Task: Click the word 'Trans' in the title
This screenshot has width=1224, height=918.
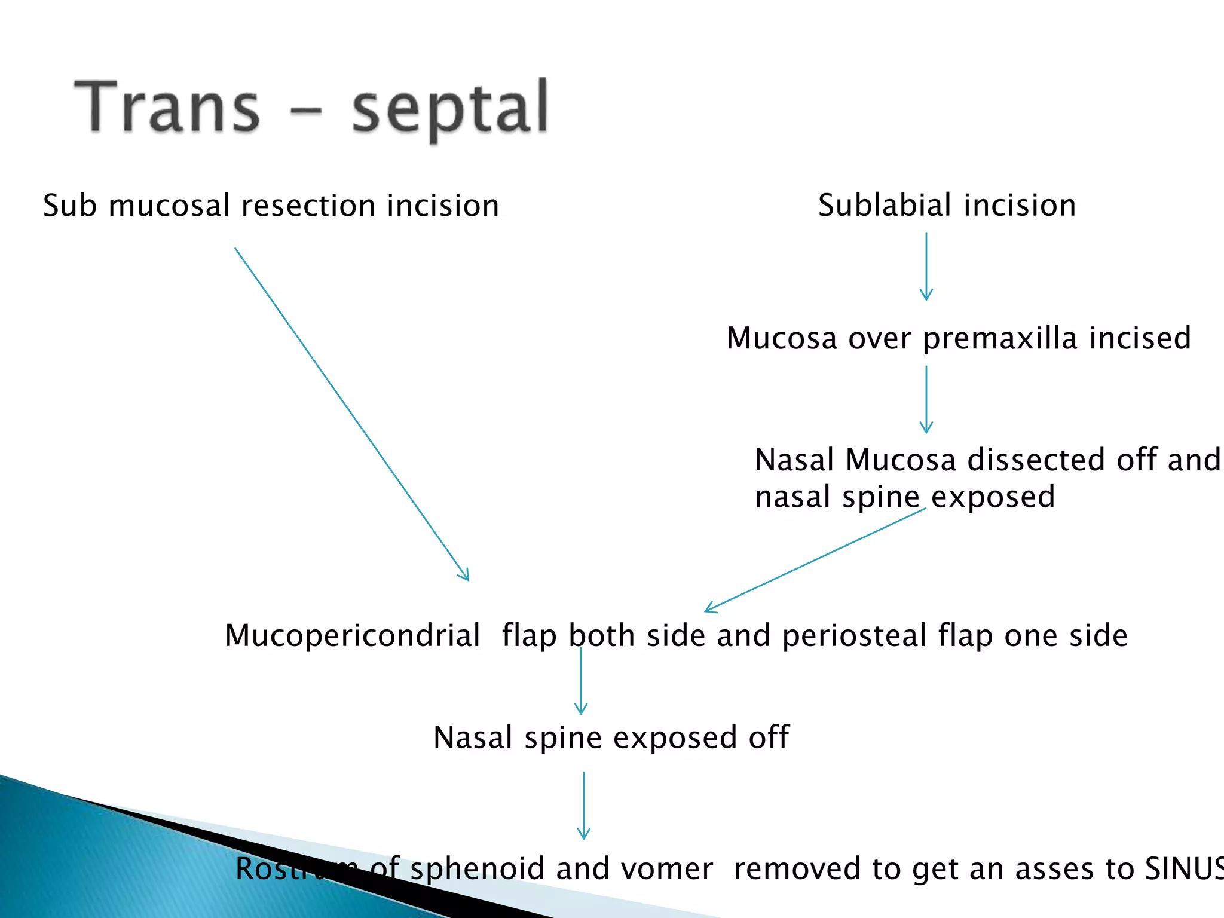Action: point(167,108)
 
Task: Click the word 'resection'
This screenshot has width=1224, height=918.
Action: point(308,206)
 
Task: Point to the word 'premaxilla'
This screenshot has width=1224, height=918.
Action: point(1001,339)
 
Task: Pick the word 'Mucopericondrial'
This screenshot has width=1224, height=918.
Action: point(353,635)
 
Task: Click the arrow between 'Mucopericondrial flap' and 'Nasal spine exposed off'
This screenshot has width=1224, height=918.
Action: point(581,681)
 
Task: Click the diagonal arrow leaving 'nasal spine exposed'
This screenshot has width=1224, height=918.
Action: point(816,560)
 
